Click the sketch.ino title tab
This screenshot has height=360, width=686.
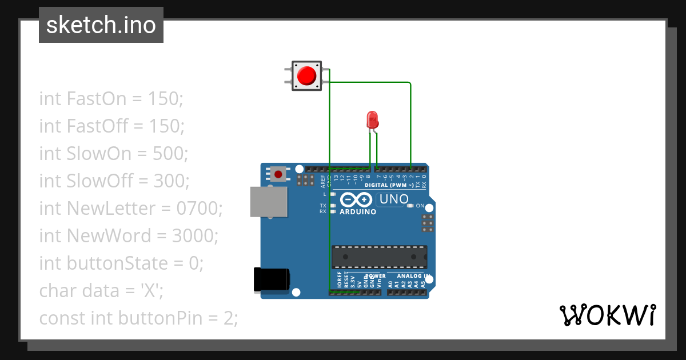tap(101, 25)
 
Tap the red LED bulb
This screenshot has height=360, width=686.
tap(372, 120)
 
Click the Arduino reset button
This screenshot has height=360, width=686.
tap(279, 174)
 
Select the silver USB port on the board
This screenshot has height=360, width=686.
tap(268, 202)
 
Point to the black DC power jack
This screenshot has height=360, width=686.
tap(272, 280)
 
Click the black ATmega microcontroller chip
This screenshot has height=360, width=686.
tap(380, 257)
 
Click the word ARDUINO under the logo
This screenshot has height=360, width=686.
tap(358, 212)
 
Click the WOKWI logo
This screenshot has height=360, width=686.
tap(607, 315)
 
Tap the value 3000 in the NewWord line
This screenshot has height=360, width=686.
tap(194, 236)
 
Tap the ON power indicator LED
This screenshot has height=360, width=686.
tap(410, 206)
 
